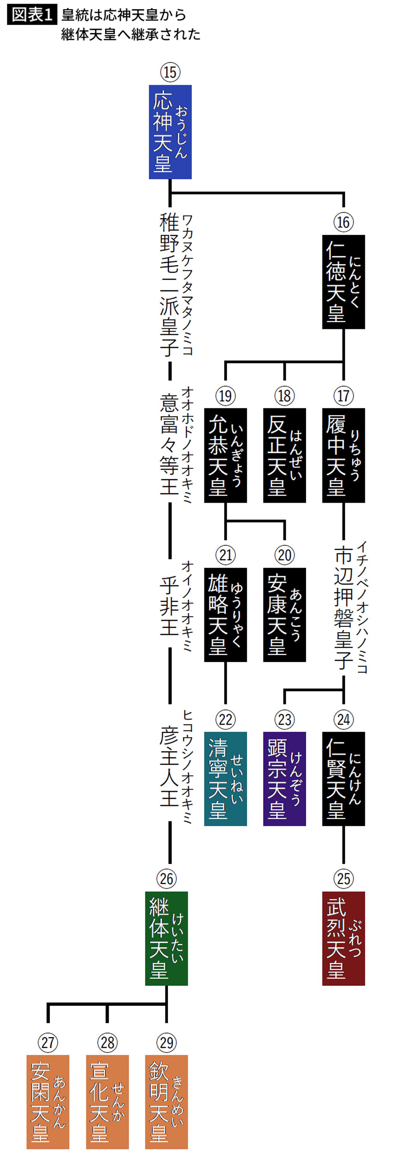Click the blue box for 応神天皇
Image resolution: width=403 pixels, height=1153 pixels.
click(170, 132)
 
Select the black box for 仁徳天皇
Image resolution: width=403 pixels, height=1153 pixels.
click(343, 282)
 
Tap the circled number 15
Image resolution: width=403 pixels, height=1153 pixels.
click(170, 72)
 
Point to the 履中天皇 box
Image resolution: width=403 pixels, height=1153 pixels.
click(343, 455)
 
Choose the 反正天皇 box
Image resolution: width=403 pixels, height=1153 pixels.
click(284, 455)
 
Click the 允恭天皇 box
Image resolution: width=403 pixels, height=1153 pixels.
click(225, 455)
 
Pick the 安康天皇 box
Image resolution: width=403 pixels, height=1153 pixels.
click(284, 615)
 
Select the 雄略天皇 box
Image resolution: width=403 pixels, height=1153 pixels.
click(225, 615)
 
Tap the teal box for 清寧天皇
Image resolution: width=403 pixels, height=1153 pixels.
click(225, 779)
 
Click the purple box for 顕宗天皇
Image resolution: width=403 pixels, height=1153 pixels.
click(284, 779)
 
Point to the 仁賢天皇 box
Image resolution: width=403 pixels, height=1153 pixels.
click(343, 779)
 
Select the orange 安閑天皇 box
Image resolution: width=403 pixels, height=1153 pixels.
click(48, 1102)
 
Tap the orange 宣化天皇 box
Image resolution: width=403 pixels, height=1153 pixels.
click(107, 1102)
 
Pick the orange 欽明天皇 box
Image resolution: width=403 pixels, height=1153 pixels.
click(166, 1102)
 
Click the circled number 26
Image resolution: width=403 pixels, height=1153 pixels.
click(166, 878)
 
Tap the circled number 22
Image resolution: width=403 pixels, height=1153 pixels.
click(225, 719)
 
